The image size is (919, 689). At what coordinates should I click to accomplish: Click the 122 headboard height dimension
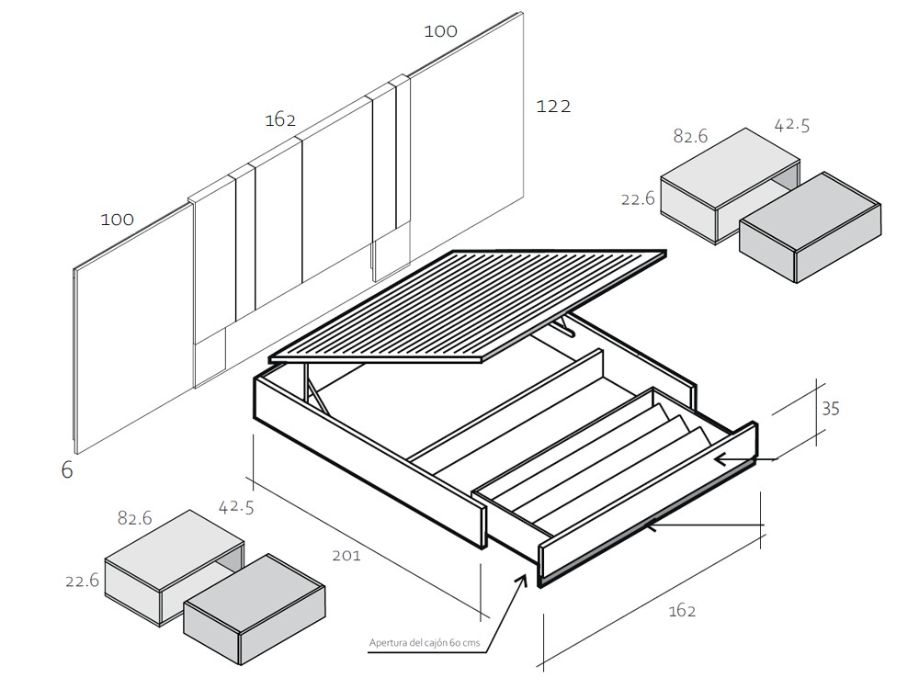[553, 107]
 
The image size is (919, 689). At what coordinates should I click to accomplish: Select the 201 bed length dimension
[346, 555]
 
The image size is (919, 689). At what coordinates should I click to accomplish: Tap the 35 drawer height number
[830, 409]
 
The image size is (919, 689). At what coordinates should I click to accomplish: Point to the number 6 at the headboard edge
[67, 470]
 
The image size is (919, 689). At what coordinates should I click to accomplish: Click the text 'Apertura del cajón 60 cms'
[424, 643]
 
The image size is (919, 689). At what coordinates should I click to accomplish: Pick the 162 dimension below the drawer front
[682, 611]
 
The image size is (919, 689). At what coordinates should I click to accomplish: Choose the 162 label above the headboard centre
[280, 120]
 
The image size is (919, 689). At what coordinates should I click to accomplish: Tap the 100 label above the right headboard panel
[440, 31]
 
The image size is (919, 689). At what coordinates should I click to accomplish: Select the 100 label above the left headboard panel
[118, 220]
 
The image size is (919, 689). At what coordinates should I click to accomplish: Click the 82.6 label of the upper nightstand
[690, 136]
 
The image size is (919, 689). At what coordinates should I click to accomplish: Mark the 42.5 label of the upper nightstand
[792, 125]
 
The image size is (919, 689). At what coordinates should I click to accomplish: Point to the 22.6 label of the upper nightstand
[638, 198]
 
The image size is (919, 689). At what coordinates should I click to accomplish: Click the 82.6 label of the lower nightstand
[134, 518]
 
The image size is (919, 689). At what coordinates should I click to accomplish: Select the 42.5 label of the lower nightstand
[236, 506]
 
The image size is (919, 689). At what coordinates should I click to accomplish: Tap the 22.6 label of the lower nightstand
[82, 581]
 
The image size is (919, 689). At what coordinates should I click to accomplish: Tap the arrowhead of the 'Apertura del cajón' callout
[525, 580]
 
